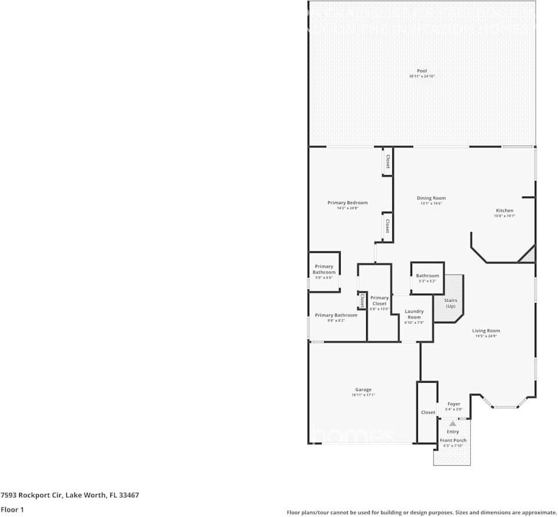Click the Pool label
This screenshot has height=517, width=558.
pos(421,71)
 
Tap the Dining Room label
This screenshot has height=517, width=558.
pos(431,198)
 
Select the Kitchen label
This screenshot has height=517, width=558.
pos(505,211)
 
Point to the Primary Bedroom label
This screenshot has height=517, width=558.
pos(348,203)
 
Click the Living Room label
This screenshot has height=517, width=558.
pos(485,331)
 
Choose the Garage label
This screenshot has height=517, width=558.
pos(363,390)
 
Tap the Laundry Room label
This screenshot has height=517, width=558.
pos(414,314)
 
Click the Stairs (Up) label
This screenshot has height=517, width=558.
pos(450,304)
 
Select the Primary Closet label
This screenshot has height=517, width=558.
pos(380,301)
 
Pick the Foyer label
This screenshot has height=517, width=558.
pos(453,404)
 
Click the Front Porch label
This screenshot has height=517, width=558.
pos(453,441)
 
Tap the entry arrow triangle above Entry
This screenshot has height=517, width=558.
pos(453,423)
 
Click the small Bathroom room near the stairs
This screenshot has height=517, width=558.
pos(427,278)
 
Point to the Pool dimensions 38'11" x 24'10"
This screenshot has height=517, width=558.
pos(421,76)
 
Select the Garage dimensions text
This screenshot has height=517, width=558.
pos(363,395)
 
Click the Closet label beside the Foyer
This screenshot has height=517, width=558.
pos(428,412)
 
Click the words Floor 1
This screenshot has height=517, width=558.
pos(12,509)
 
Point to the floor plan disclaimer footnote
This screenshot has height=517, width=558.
pos(421,512)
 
